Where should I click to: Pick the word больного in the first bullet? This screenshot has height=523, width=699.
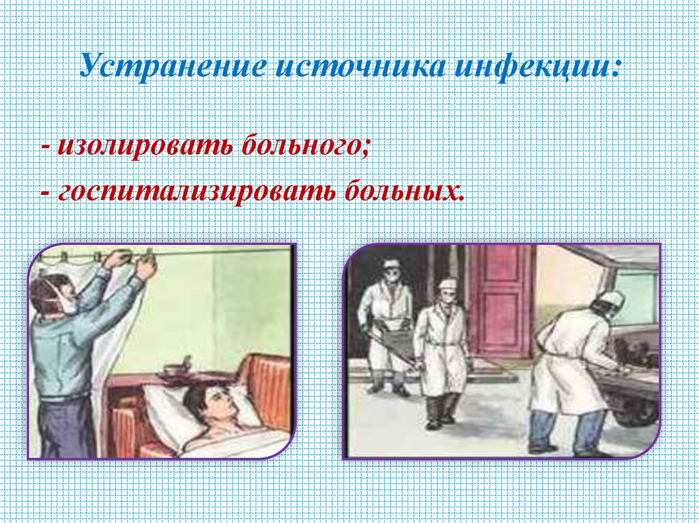[302, 145]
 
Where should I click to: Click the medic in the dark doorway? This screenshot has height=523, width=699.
[386, 320]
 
